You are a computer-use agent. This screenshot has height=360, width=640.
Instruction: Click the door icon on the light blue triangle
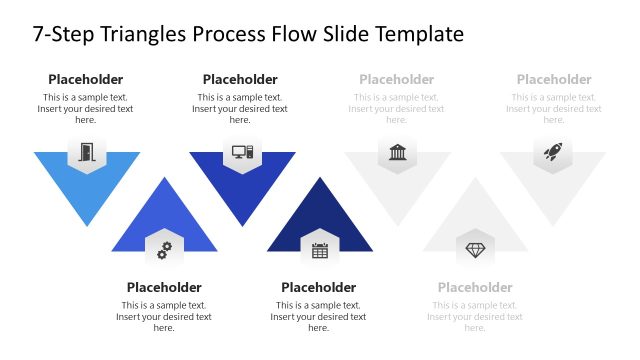click(87, 153)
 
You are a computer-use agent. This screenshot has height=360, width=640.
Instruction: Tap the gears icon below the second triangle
click(164, 249)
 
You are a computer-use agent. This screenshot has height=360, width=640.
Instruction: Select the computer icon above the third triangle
click(242, 153)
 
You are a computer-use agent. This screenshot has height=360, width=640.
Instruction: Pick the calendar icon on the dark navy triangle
click(320, 250)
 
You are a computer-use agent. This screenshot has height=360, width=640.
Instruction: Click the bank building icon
click(398, 153)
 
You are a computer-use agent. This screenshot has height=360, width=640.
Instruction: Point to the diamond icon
click(475, 249)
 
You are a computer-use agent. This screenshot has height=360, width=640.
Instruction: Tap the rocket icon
click(553, 153)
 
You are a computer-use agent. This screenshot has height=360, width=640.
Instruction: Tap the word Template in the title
click(418, 34)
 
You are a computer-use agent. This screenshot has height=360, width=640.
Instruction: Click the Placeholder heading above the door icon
click(86, 80)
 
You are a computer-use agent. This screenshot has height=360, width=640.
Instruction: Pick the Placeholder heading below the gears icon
click(164, 288)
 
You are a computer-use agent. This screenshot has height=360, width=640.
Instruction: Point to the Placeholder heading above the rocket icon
click(554, 80)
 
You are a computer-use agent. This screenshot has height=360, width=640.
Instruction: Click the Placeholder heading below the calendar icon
click(319, 288)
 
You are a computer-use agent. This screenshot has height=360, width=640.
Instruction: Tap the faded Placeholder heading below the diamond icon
click(475, 288)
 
